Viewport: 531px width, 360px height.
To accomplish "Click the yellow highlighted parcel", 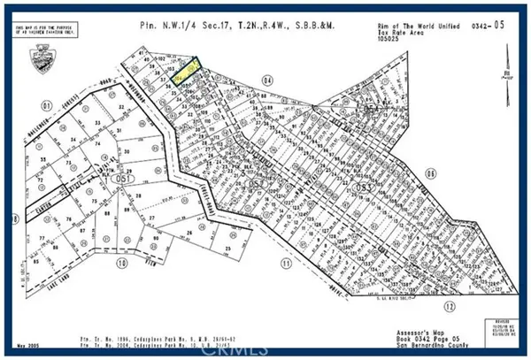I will (x=186, y=70).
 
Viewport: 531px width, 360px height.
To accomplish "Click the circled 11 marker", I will (x=286, y=264).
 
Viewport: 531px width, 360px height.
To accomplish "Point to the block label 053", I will (x=359, y=189).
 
